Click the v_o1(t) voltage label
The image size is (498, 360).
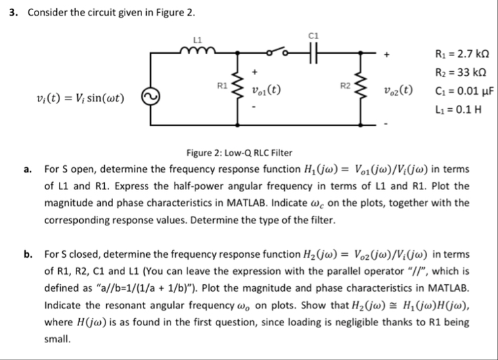tap(265, 88)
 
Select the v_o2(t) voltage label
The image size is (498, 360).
tap(397, 88)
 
